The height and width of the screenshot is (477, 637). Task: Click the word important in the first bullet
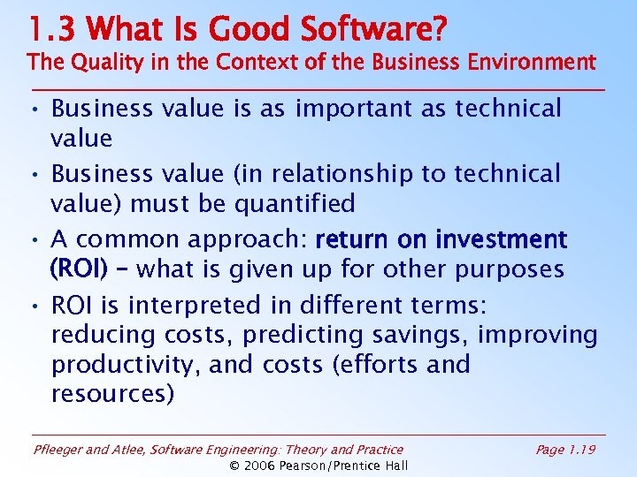pyautogui.click(x=353, y=109)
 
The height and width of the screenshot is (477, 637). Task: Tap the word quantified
pyautogui.click(x=295, y=204)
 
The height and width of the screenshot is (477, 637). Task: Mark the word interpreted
pyautogui.click(x=212, y=306)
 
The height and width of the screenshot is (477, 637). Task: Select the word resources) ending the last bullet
pyautogui.click(x=113, y=394)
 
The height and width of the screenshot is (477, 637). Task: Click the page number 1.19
pyautogui.click(x=580, y=450)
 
